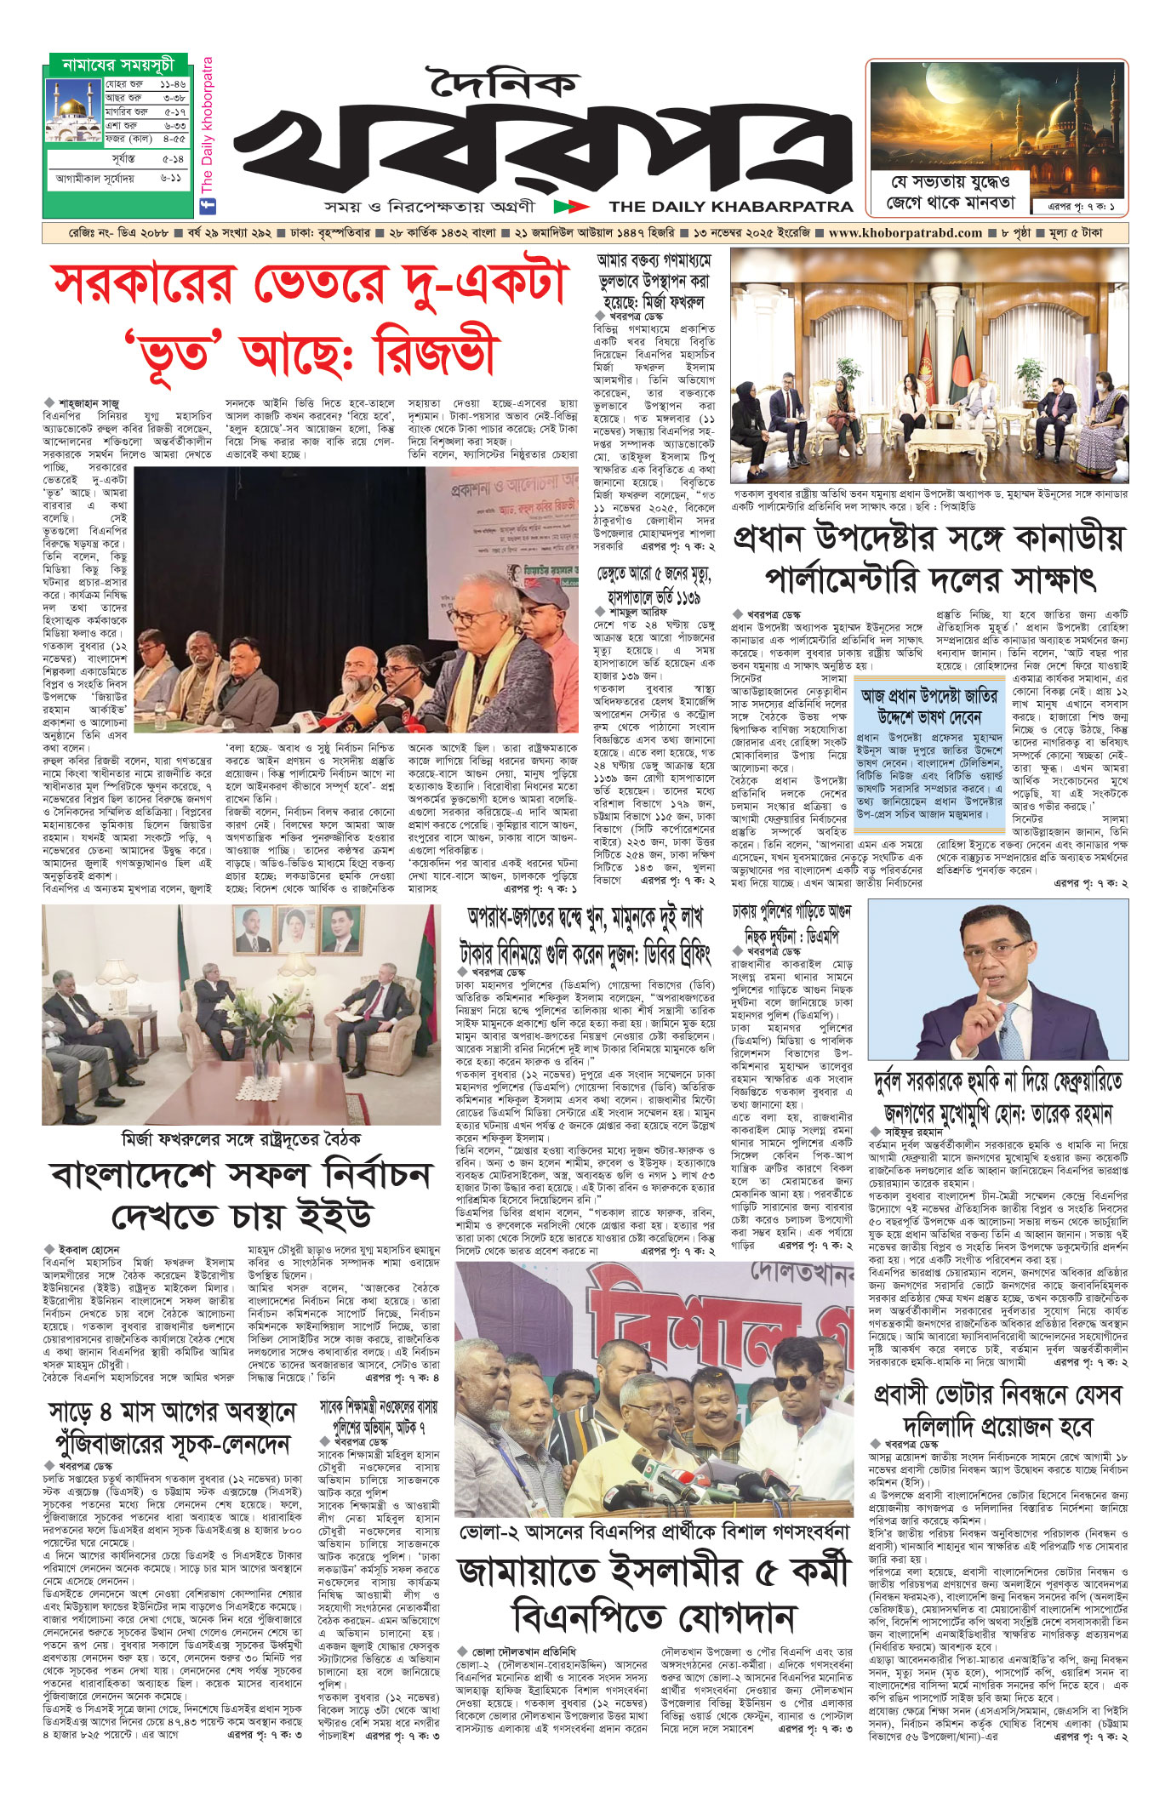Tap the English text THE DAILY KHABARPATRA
[x=731, y=206]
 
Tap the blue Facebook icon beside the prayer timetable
[x=206, y=205]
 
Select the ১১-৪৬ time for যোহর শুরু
[x=172, y=85]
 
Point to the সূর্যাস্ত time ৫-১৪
[x=173, y=159]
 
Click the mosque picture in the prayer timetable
[x=75, y=111]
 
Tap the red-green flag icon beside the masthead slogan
[x=570, y=206]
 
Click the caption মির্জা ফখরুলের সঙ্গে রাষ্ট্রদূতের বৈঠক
[x=241, y=1138]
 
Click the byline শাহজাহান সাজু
[x=89, y=402]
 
